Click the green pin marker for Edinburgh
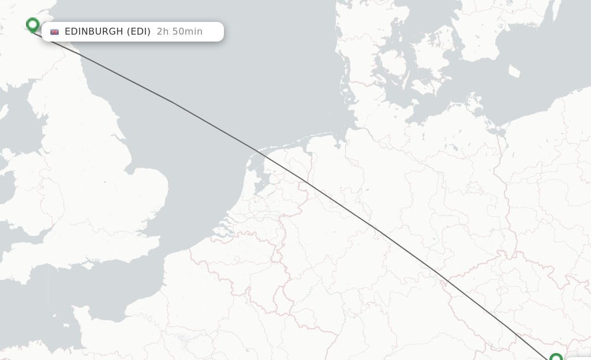(x=33, y=25)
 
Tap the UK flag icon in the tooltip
(x=54, y=32)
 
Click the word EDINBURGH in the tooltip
(x=93, y=32)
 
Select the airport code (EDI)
(x=139, y=32)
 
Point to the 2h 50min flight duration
(x=179, y=32)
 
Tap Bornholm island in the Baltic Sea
(x=514, y=71)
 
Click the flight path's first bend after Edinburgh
(x=172, y=102)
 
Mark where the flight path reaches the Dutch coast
(x=257, y=151)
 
